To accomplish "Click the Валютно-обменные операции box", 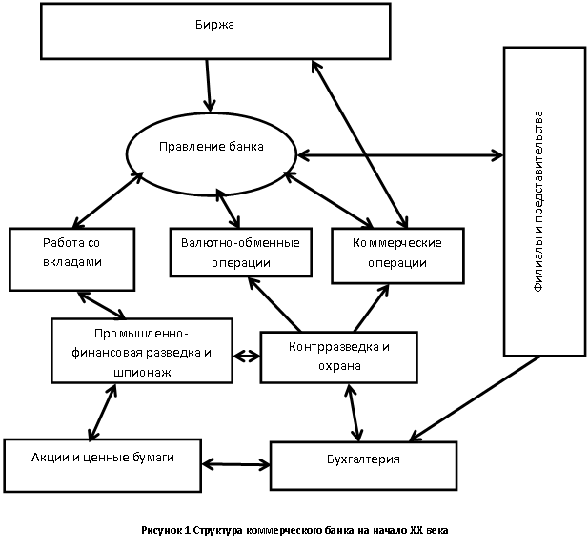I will (239, 252).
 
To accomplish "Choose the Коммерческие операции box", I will (397, 255).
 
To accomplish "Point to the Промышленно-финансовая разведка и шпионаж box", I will (142, 350).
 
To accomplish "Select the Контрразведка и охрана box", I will (338, 356).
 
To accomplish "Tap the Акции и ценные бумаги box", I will (103, 459).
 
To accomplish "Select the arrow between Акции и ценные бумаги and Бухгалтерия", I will (236, 463).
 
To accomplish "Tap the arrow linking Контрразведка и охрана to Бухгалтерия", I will (353, 411).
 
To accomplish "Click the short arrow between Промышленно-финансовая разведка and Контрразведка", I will (246, 357).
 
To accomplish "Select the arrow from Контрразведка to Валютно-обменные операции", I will (276, 304).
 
